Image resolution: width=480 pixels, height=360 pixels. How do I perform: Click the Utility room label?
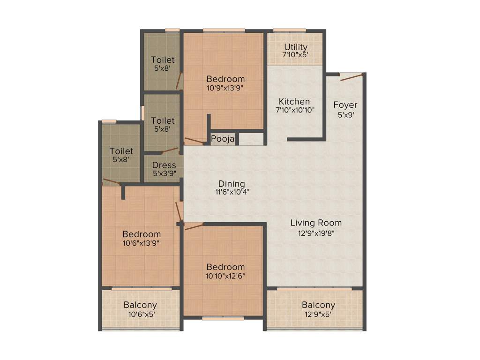[296, 47]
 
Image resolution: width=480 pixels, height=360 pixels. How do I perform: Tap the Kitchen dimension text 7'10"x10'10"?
[294, 110]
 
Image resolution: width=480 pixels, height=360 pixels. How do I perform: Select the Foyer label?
[345, 105]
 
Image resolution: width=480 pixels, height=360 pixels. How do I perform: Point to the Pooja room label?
[223, 139]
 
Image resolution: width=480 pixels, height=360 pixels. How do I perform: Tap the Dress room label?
[164, 165]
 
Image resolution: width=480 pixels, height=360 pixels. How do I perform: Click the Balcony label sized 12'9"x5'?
[318, 305]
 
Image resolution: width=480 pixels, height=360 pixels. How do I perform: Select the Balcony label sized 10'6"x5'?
[140, 305]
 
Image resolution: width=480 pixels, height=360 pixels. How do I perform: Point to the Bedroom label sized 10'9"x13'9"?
[226, 79]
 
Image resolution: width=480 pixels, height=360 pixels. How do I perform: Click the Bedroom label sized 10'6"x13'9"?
[142, 234]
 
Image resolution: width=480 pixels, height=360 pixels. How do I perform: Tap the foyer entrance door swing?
[352, 77]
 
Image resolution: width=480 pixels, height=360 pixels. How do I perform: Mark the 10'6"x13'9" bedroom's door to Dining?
[179, 211]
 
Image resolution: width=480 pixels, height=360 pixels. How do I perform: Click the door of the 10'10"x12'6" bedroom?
[194, 226]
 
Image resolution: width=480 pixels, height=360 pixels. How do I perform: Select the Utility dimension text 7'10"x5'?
[296, 54]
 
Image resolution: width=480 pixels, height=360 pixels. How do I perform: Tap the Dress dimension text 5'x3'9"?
[164, 173]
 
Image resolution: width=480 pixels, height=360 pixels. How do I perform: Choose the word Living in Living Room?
[303, 223]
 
